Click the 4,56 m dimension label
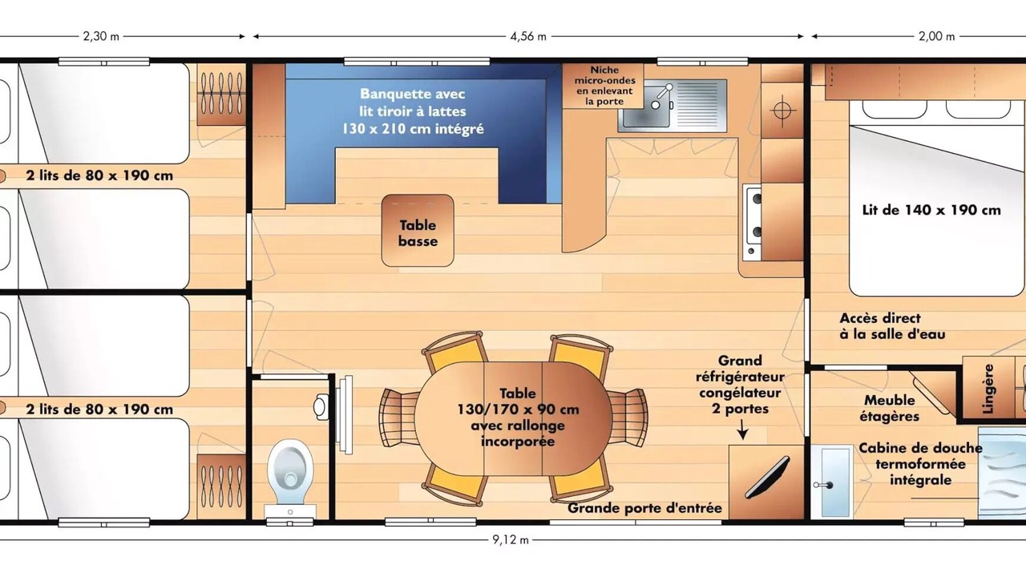click(528, 37)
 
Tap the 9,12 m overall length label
click(511, 540)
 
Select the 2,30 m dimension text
click(101, 37)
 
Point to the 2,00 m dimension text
click(937, 37)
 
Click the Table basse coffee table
click(418, 230)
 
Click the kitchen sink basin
click(646, 107)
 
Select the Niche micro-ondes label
click(604, 86)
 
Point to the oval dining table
click(514, 418)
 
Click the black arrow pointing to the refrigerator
click(742, 430)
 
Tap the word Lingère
click(988, 389)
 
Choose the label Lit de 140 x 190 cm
click(931, 210)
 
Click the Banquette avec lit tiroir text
click(413, 111)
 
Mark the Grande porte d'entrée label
click(644, 508)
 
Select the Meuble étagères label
click(889, 409)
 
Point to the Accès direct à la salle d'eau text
click(892, 326)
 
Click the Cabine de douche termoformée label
click(920, 464)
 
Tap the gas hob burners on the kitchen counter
click(753, 223)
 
